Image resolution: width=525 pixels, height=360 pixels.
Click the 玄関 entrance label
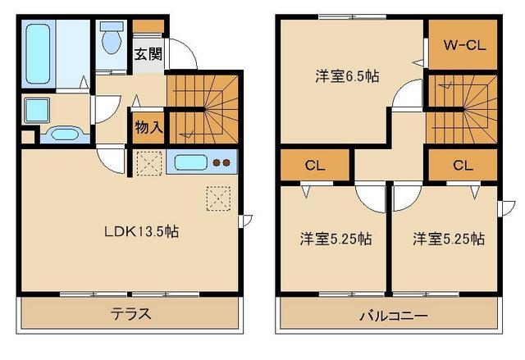148,56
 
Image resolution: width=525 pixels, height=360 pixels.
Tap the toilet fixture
109,38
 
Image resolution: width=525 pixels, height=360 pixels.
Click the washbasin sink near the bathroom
62,134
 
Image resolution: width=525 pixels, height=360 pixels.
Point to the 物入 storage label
148,128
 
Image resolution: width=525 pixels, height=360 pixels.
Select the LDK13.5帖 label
141,231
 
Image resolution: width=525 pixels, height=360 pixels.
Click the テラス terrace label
131,315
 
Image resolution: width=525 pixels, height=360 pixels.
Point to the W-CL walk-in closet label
464,46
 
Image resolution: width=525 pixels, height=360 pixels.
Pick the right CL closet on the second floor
463,166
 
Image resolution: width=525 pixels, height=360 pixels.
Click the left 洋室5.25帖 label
334,239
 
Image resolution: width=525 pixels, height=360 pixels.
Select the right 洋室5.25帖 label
448,239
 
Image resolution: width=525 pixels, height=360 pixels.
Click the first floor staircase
202,107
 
